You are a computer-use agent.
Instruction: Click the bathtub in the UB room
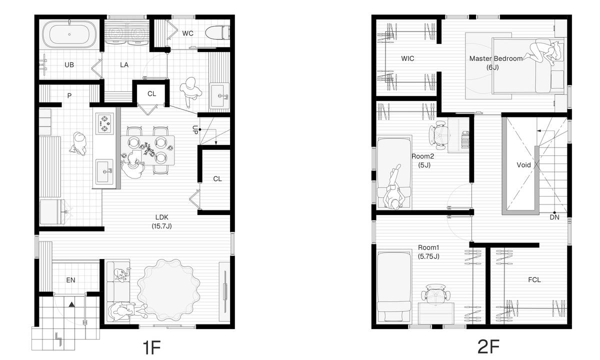tap(69, 34)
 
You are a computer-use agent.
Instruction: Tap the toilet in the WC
tap(217, 32)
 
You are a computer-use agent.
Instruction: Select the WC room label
tap(188, 33)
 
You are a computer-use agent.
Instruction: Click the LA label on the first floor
tap(124, 65)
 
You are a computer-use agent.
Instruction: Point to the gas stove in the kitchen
tap(104, 123)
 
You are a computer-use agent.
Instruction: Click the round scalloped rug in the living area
tap(168, 290)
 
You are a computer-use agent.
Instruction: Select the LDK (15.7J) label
tap(162, 221)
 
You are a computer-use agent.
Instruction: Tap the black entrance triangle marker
tap(71, 304)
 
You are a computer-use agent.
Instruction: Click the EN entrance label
tap(70, 280)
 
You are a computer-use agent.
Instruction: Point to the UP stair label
tap(195, 130)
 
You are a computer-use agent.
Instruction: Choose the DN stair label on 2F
tap(554, 217)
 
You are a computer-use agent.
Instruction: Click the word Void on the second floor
tap(523, 165)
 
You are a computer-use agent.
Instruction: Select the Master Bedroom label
tap(496, 58)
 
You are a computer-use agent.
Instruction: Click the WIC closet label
tap(407, 58)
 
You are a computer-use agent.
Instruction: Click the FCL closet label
tap(534, 280)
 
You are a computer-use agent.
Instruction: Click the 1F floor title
tap(151, 347)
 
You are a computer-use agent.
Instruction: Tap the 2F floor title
tap(488, 347)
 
